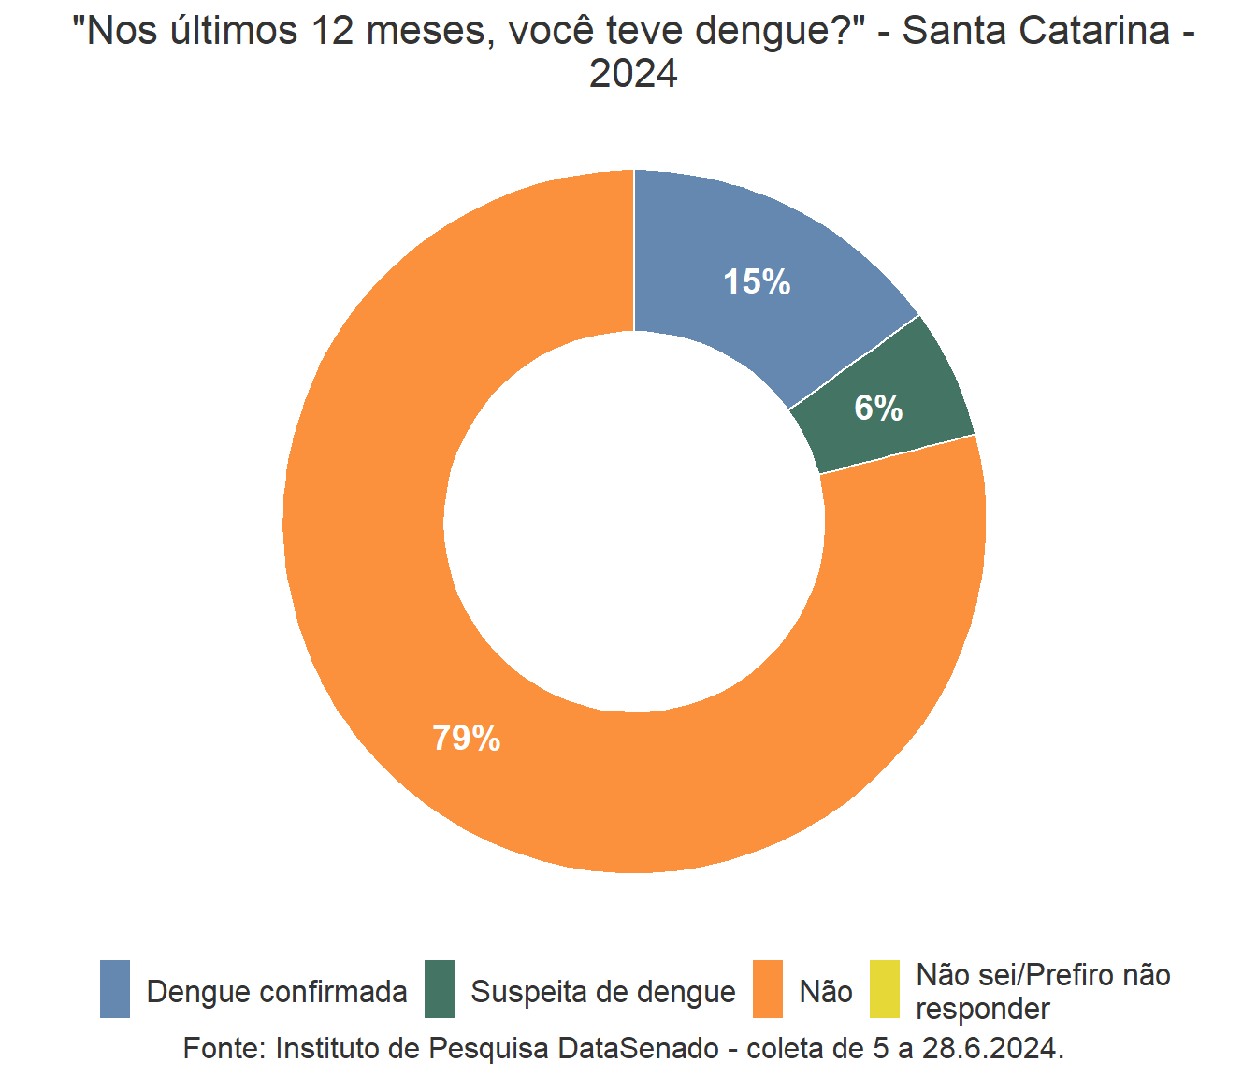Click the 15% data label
pyautogui.click(x=757, y=281)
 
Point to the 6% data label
pyautogui.click(x=878, y=408)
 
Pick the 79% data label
pyautogui.click(x=466, y=739)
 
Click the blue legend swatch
pyautogui.click(x=115, y=989)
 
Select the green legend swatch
pyautogui.click(x=439, y=989)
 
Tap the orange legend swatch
pyautogui.click(x=768, y=989)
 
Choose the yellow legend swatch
pyautogui.click(x=884, y=989)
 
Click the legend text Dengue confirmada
pyautogui.click(x=277, y=992)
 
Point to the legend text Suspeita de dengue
pyautogui.click(x=603, y=992)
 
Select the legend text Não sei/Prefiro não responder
pyautogui.click(x=1043, y=992)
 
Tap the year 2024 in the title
pyautogui.click(x=633, y=74)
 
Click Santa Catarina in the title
pyautogui.click(x=1035, y=31)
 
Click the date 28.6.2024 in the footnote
pyautogui.click(x=991, y=1048)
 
